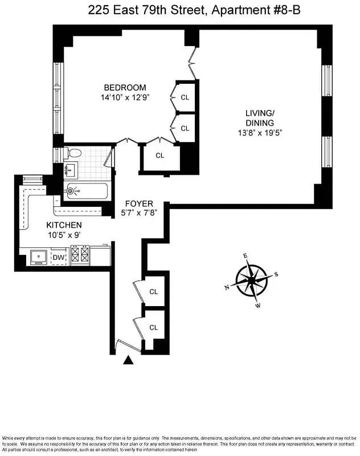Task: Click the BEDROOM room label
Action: pos(125,87)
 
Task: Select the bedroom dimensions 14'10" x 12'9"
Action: pos(125,97)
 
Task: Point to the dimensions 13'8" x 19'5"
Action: pos(260,132)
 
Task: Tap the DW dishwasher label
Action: pos(59,258)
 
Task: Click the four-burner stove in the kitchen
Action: pos(79,255)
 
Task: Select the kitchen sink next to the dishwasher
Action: pos(39,257)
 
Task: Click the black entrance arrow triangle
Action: pos(129,360)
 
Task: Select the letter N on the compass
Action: pos(227,287)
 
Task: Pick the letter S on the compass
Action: pos(276,274)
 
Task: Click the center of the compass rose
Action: pos(251,280)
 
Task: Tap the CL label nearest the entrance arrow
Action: pos(153,327)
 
